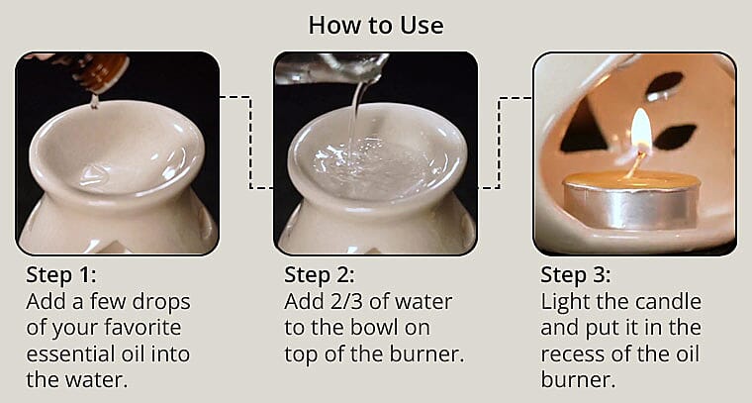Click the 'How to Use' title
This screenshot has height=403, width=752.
[375, 24]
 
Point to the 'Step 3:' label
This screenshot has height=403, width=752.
[576, 274]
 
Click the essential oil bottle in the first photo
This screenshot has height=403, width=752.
[99, 69]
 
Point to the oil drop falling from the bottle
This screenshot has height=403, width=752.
[93, 99]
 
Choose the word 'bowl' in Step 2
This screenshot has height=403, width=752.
[388, 326]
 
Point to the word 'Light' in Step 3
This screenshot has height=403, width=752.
[564, 300]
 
